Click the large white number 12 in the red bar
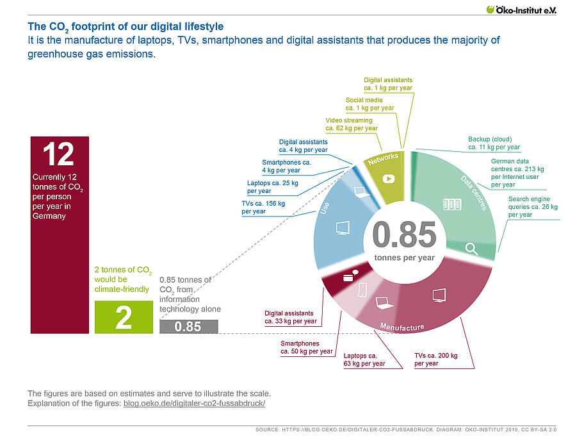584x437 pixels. [58, 154]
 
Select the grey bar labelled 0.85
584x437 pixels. [188, 327]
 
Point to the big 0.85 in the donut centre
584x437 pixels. [404, 235]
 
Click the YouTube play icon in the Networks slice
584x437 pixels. [387, 179]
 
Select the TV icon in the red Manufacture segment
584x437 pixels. [439, 295]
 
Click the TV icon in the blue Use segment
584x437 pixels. [343, 227]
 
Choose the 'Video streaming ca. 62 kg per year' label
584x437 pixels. [351, 124]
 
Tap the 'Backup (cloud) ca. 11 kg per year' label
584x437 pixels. [494, 143]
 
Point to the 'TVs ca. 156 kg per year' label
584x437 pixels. [263, 207]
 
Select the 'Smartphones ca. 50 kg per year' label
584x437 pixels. [306, 347]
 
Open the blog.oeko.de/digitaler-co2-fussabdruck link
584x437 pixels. [194, 404]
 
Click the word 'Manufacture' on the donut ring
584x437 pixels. [401, 327]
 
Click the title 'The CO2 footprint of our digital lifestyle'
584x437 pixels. [126, 27]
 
